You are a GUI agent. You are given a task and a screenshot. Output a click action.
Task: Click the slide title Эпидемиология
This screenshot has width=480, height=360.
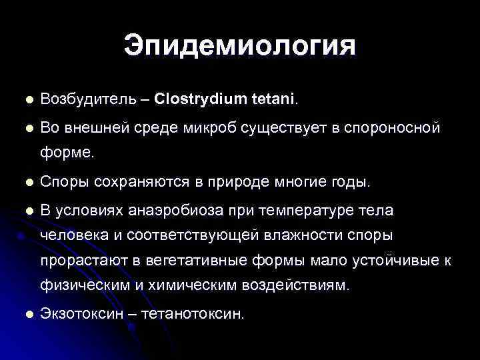coord(240,47)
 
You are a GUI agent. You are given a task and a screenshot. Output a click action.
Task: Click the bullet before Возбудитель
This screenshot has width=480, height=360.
coord(27,100)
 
